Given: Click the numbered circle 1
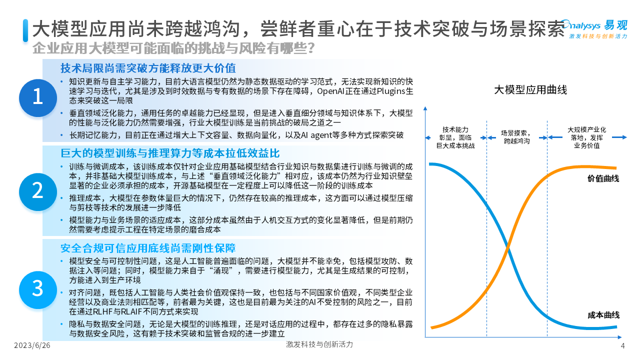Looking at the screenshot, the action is point(38,97).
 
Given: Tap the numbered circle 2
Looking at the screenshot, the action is point(38,191).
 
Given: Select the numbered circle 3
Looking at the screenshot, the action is point(38,289).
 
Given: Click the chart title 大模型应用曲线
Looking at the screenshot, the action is point(530,89).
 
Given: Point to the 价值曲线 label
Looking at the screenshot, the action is point(603,178).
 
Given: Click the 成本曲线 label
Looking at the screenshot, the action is point(603,315).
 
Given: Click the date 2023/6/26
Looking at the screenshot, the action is point(32,345).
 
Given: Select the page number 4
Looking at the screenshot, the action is point(623,345).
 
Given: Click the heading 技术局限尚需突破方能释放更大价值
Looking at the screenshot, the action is point(148,68).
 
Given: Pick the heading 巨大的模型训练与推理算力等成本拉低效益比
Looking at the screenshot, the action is point(170,153).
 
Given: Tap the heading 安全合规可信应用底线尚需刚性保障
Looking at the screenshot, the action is point(148,248).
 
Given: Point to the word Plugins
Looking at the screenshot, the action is point(391,91).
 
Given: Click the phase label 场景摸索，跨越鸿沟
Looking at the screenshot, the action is point(517,137).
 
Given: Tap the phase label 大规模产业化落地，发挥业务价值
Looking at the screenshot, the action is point(587,137).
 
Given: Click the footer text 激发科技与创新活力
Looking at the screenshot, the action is point(319,344).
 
